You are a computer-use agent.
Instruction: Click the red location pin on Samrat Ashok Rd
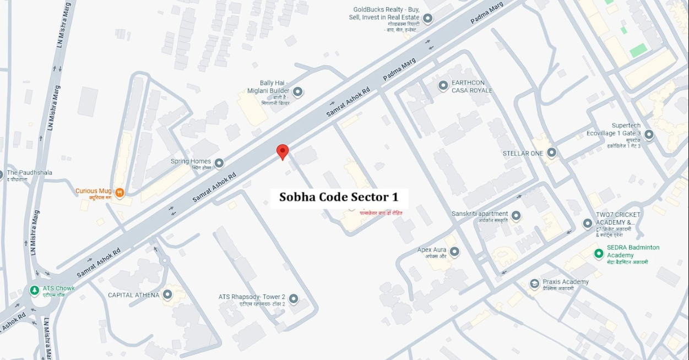pos(283,151)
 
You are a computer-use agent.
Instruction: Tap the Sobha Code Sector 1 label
pos(339,197)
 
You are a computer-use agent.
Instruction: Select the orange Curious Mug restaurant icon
pos(120,192)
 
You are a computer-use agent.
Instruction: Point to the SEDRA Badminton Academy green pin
pos(599,253)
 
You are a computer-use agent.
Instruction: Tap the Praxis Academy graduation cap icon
pos(534,283)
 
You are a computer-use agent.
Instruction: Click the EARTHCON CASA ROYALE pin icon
pos(443,86)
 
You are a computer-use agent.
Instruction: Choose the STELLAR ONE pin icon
pos(552,152)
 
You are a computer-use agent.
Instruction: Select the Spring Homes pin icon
pos(219,163)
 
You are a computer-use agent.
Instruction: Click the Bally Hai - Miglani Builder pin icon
pos(298,91)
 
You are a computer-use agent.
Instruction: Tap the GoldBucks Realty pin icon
pos(427,18)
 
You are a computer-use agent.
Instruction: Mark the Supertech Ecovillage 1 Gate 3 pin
pos(649,134)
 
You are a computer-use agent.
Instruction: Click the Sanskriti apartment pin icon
pos(516,215)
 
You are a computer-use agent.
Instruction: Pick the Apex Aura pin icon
pos(454,252)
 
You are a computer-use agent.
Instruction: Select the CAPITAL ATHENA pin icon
pos(167,295)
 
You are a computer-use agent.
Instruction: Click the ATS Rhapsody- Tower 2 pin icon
pos(294,298)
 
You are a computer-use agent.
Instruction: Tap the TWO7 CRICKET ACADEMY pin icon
pos(588,223)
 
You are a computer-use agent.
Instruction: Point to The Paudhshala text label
pos(29,172)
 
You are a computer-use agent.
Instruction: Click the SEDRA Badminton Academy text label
pos(633,252)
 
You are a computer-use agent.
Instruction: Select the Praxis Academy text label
pos(566,282)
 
